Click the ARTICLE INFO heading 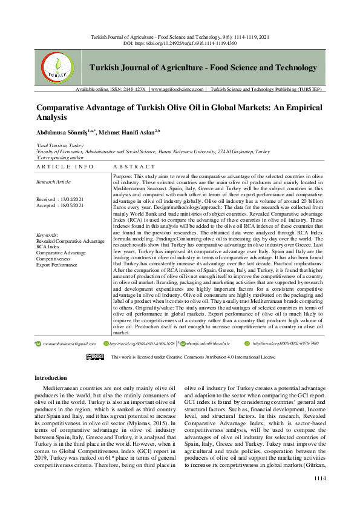point(65,166)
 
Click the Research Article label point(53,182)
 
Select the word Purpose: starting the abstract point(124,176)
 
